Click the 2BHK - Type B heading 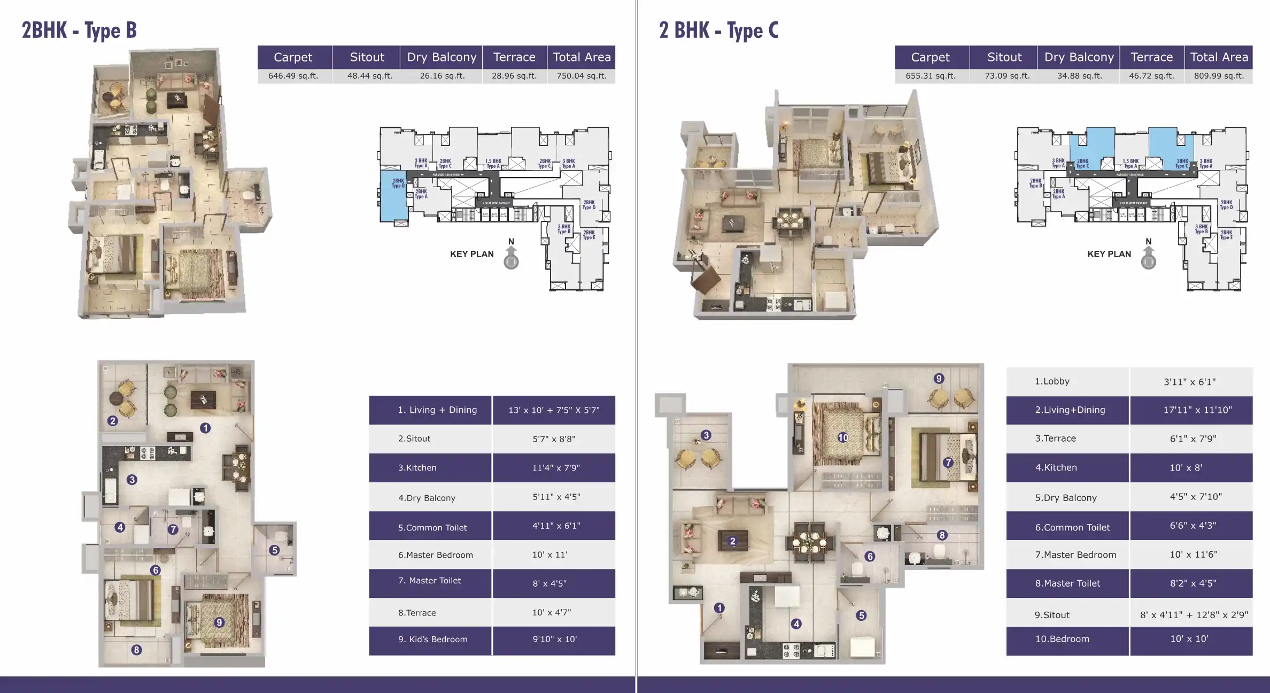(x=79, y=30)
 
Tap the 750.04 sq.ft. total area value (x=581, y=76)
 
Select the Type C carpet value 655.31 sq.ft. (x=930, y=76)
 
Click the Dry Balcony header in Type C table (x=1079, y=57)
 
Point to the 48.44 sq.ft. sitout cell (x=369, y=76)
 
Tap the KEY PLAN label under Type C (x=1109, y=254)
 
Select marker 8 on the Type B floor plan (x=137, y=650)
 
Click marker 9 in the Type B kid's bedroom (x=219, y=622)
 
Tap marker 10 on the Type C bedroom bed (x=843, y=437)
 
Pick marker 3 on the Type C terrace (x=706, y=435)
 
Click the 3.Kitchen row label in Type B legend (x=417, y=468)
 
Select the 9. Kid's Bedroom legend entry (x=432, y=640)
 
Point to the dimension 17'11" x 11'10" (x=1197, y=410)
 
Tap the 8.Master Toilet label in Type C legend (x=1067, y=583)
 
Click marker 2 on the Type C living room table (x=732, y=541)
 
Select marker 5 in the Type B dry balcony (x=274, y=550)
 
